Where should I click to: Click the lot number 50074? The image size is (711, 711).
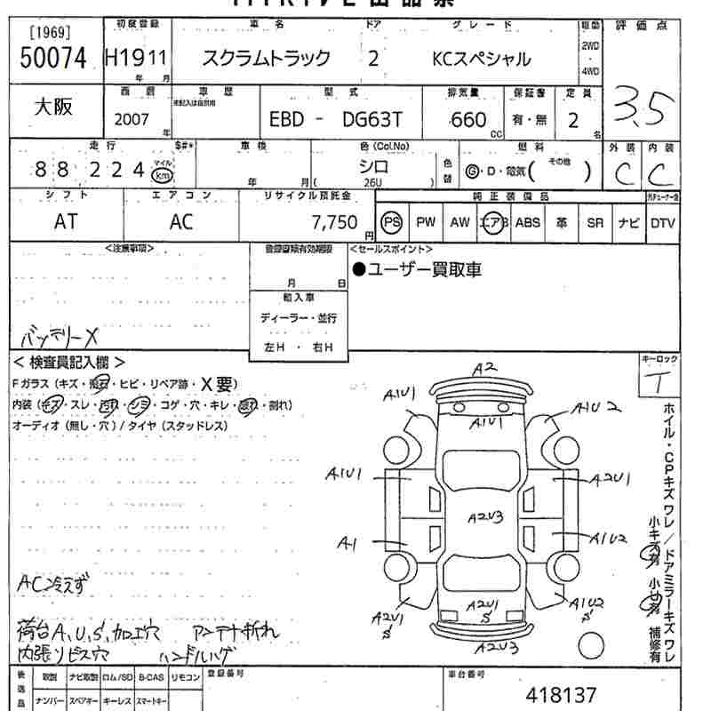click(52, 60)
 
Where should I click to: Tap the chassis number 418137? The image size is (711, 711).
click(561, 694)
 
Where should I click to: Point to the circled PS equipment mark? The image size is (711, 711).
click(391, 222)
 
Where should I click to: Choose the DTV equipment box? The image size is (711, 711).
click(662, 223)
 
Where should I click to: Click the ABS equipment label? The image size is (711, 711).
click(528, 223)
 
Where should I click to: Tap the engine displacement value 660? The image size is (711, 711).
click(468, 119)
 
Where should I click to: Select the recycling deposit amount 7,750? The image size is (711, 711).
click(333, 222)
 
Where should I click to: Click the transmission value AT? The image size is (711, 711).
click(66, 222)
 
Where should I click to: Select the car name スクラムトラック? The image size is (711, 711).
click(266, 60)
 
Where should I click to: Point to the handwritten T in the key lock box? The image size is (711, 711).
click(659, 384)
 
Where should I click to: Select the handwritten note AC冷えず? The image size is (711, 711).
click(54, 583)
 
